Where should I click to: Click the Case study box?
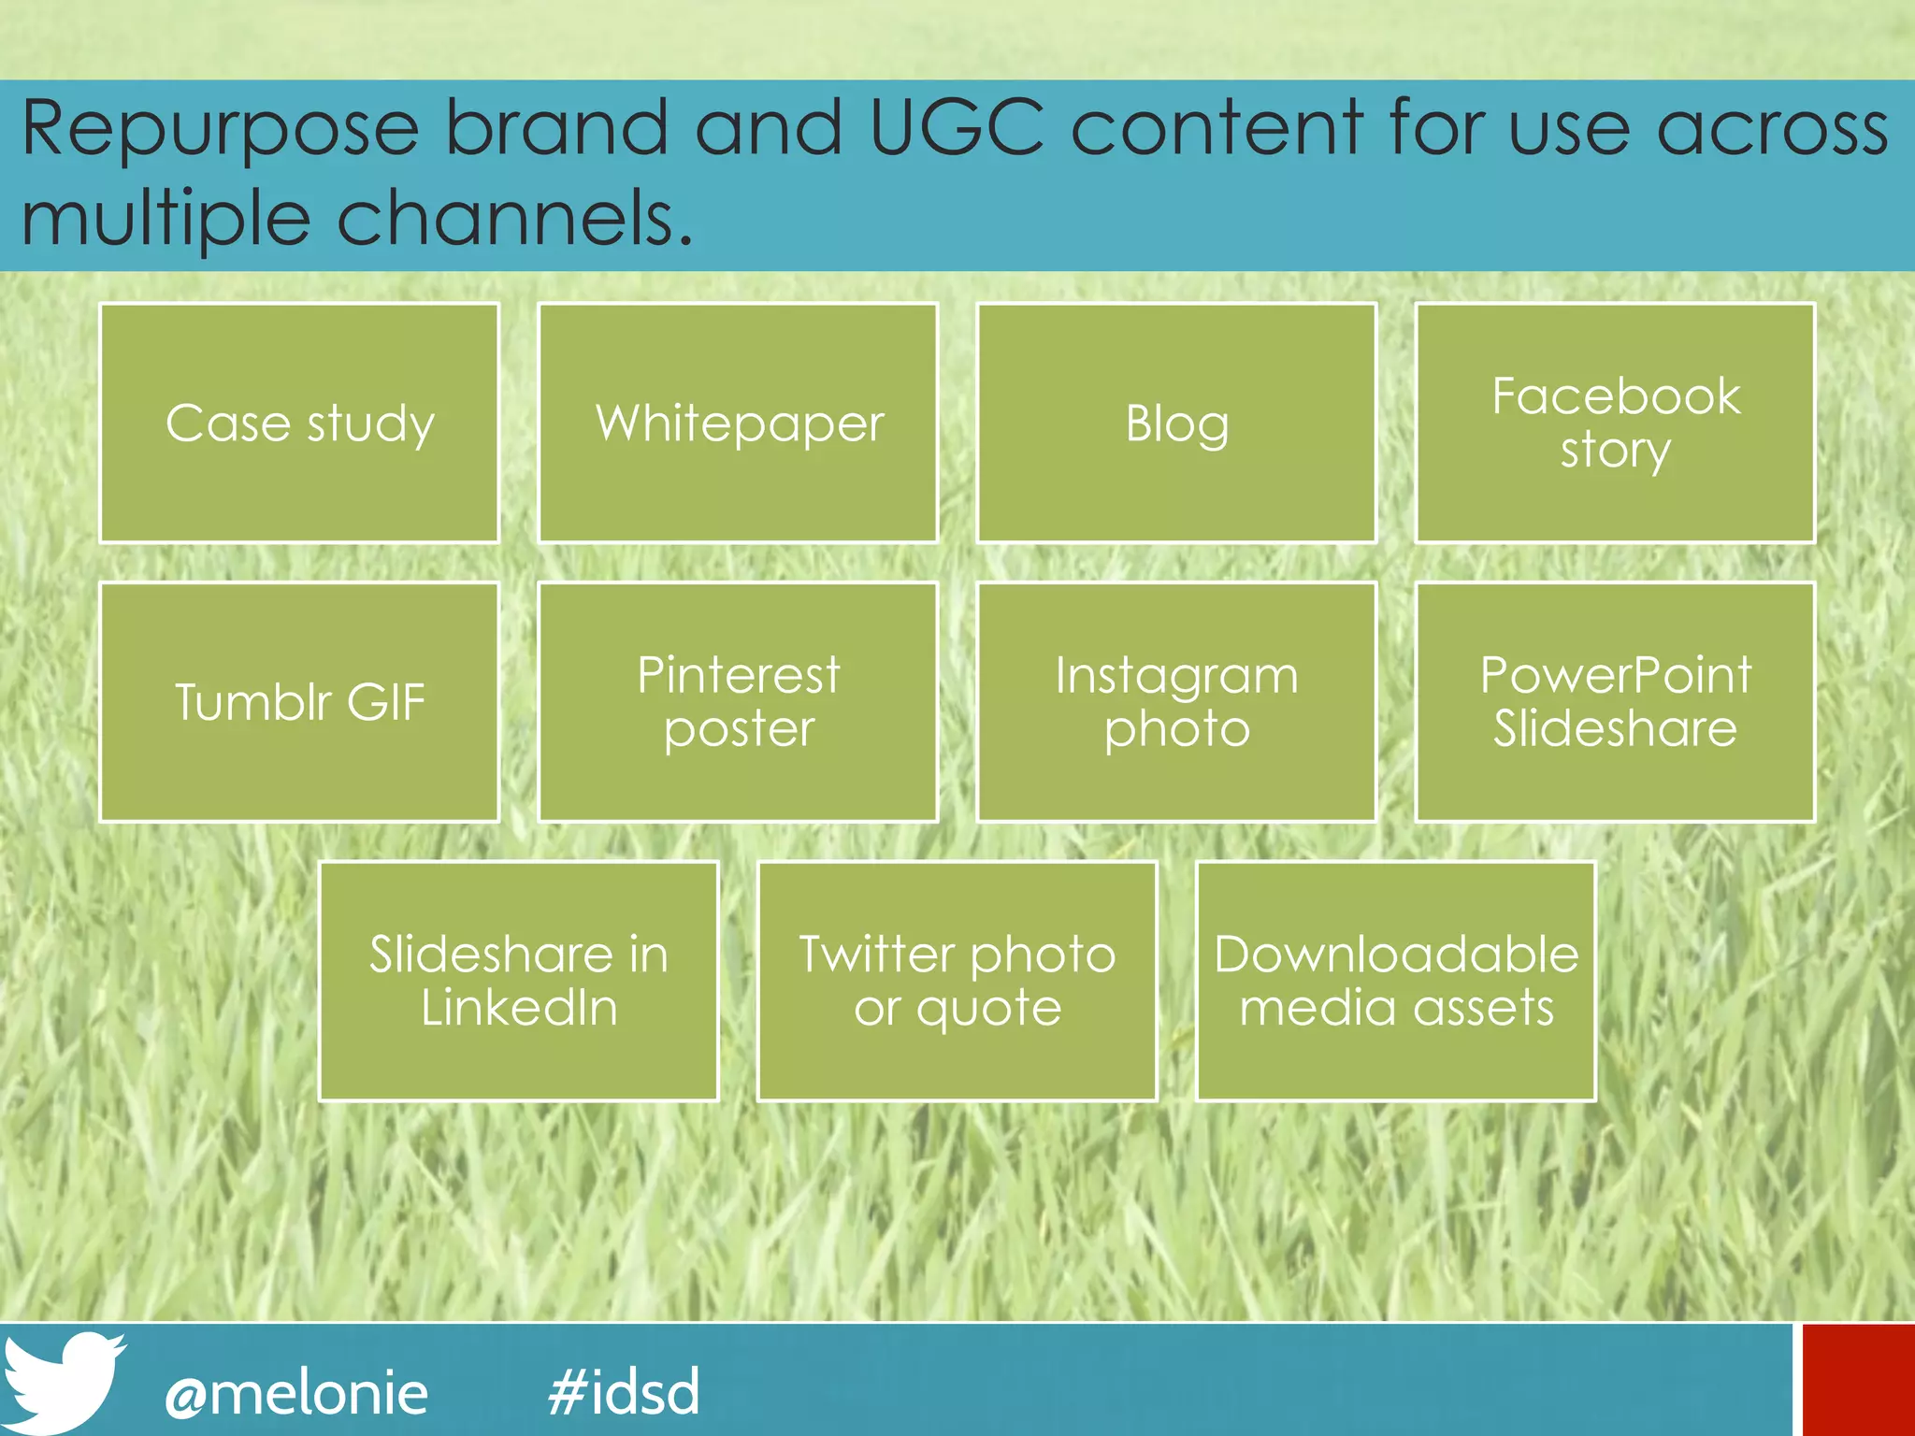click(299, 423)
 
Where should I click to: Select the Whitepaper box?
click(738, 423)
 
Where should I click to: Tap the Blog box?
click(1176, 423)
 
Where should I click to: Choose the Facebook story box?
click(1615, 423)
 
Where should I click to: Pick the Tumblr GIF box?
click(299, 701)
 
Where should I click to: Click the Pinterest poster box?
click(738, 701)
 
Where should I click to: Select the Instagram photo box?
click(1176, 701)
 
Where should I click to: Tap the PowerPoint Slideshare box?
click(1615, 701)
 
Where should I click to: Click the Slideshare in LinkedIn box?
click(519, 981)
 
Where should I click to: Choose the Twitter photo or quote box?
click(957, 981)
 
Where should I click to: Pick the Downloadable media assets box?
click(1396, 981)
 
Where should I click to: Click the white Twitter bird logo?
click(62, 1382)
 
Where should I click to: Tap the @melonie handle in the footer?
click(296, 1393)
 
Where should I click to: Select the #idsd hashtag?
click(624, 1391)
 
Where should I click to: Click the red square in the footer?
click(1858, 1379)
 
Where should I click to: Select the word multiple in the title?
click(166, 221)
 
